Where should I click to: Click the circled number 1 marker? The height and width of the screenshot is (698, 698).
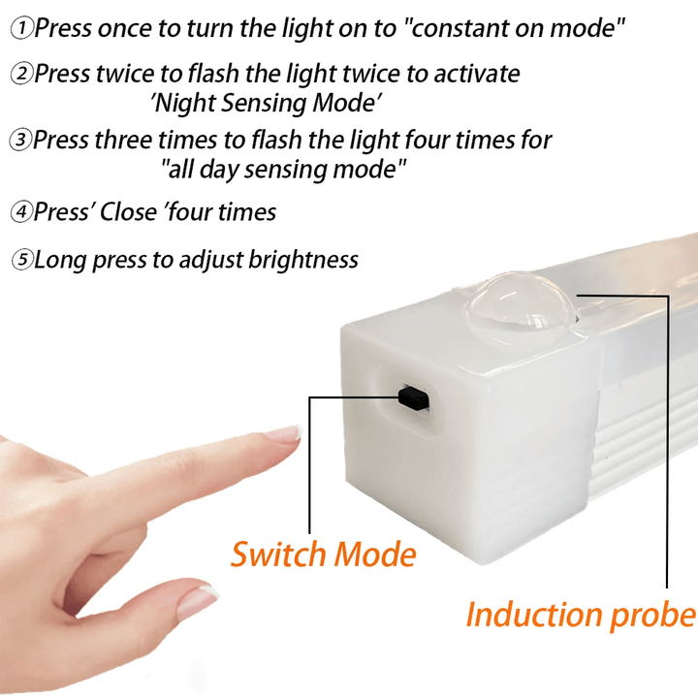21,28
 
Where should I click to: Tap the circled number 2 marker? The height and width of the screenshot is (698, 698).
21,75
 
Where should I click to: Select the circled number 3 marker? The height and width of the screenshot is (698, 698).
21,141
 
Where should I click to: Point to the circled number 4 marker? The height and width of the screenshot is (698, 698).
21,212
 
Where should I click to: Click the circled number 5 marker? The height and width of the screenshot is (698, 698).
21,261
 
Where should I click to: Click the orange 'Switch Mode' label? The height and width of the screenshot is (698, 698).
323,555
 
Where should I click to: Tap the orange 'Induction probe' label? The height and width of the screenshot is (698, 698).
580,615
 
